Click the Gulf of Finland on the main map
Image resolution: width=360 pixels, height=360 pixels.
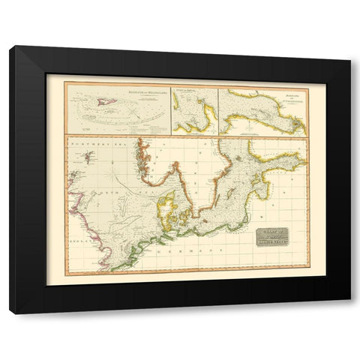281,160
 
